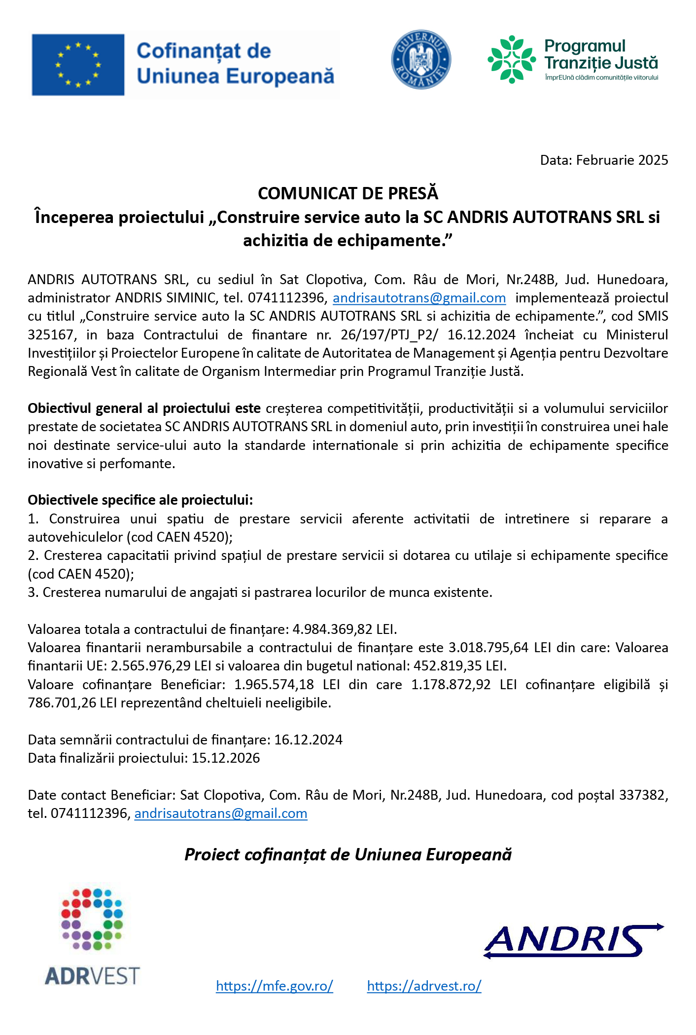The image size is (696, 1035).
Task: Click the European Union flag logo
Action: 78,65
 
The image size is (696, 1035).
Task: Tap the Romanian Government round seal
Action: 421,59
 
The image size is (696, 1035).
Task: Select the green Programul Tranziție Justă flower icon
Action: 512,59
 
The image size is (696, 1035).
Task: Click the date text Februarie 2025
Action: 622,160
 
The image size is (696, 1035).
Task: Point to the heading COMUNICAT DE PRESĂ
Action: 348,193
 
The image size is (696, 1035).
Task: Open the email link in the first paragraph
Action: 419,298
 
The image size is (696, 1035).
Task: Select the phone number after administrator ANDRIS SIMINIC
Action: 286,298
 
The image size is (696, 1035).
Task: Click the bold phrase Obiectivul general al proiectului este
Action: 144,408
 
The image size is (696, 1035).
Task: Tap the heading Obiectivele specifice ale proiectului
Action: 140,500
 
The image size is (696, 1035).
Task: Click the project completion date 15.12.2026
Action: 226,758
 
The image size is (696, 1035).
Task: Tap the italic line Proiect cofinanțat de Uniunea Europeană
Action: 348,855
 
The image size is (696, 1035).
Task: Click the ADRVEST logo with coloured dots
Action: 92,936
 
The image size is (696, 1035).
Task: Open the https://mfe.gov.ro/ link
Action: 275,986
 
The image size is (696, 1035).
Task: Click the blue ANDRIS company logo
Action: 573,940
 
